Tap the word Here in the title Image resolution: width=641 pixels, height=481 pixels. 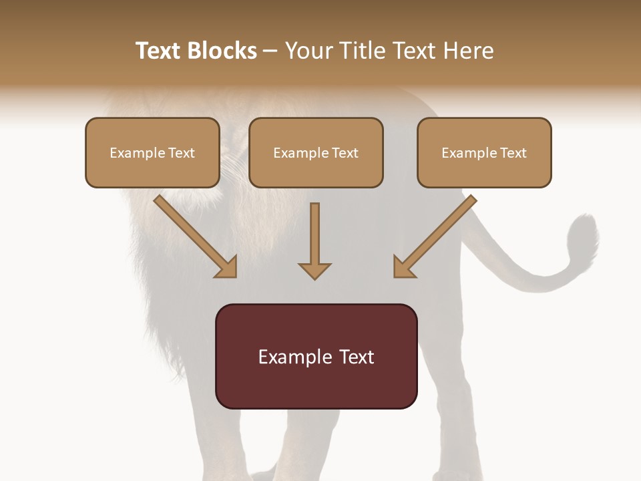468,51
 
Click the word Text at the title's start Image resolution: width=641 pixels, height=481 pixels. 158,51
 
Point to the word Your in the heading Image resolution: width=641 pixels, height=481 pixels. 307,51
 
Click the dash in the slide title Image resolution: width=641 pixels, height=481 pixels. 270,51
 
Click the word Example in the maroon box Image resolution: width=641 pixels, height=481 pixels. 294,357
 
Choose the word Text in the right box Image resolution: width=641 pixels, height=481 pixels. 513,153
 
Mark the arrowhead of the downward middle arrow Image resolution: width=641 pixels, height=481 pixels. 314,270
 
